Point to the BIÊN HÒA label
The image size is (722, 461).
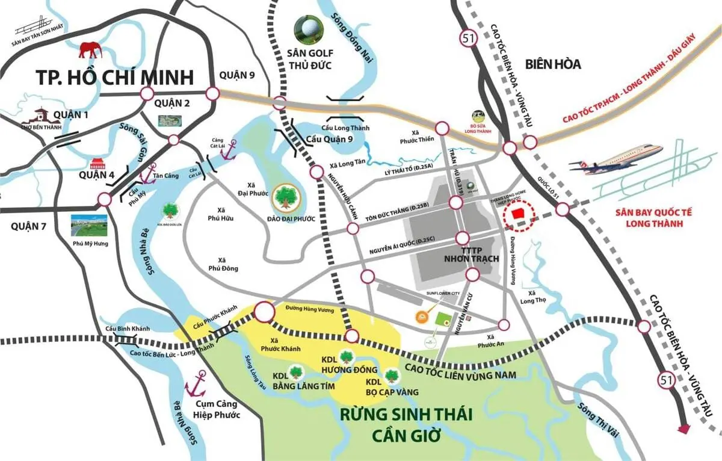[552, 64]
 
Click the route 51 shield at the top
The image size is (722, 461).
[466, 39]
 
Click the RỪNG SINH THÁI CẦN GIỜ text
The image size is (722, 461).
[406, 424]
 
